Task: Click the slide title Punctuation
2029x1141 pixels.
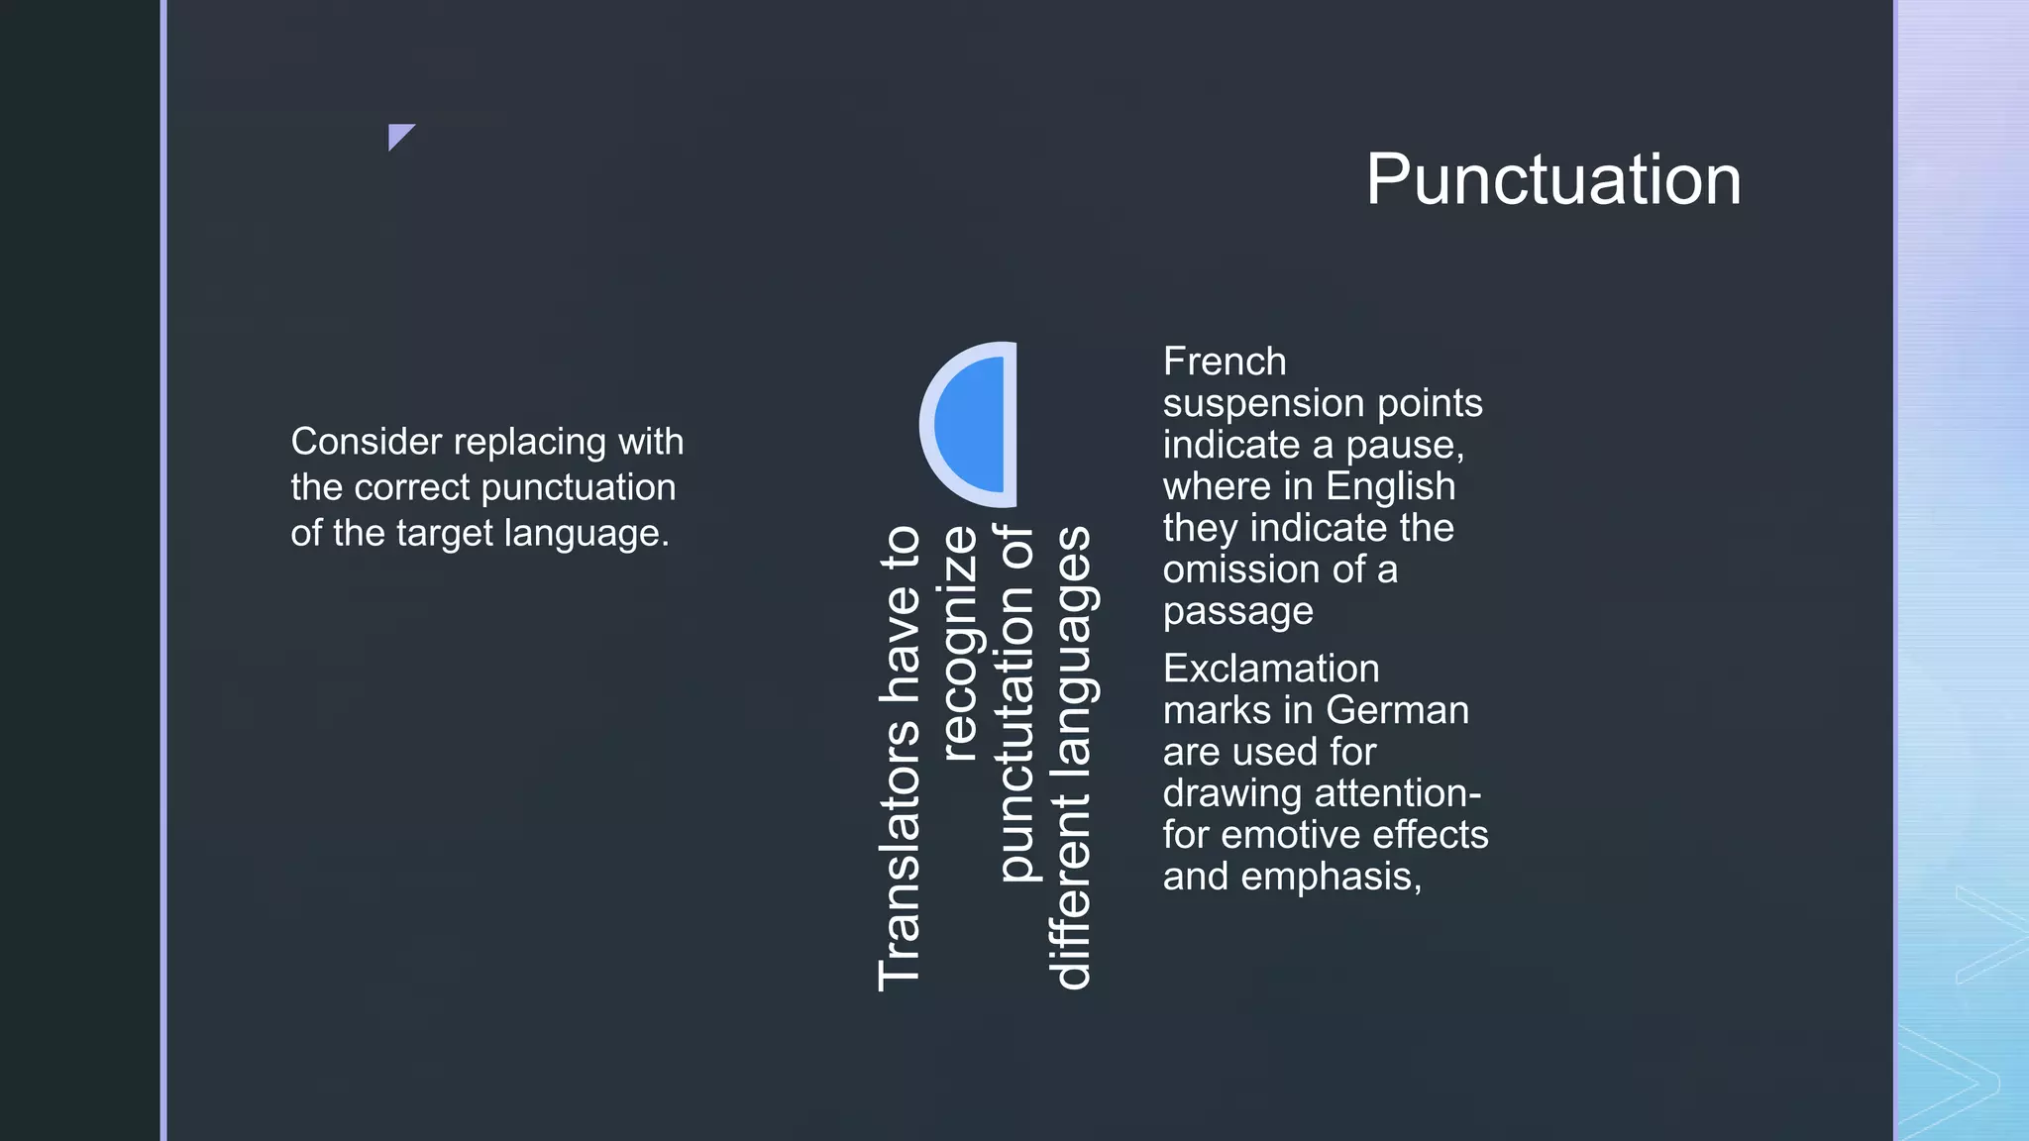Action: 1552,180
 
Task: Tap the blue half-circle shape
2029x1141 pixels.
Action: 976,425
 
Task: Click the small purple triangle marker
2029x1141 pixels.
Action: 398,135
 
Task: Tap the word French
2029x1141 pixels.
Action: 1225,362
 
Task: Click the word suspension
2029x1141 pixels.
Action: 1258,404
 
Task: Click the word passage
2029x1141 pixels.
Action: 1237,613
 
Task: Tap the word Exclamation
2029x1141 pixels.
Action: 1271,669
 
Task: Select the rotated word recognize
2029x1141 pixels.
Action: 958,643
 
